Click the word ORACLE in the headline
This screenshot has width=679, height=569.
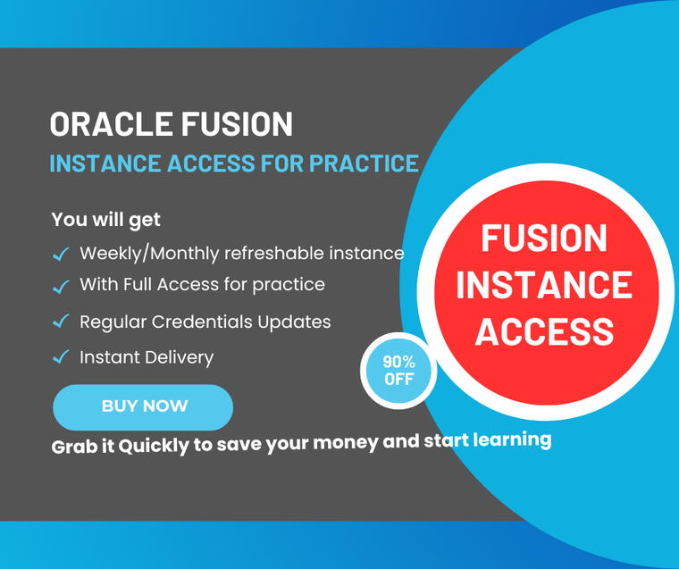click(x=111, y=124)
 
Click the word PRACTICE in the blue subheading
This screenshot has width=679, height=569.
click(x=364, y=163)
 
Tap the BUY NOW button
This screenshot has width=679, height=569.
click(x=143, y=407)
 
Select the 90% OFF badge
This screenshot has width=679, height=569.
click(x=398, y=371)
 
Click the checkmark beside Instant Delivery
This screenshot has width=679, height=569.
click(x=61, y=356)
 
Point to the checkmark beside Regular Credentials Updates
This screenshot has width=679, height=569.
click(x=61, y=322)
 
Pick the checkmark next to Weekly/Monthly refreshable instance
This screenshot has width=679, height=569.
click(x=61, y=254)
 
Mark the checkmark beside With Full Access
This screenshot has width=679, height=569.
click(x=61, y=286)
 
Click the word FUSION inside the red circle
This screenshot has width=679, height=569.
click(x=544, y=238)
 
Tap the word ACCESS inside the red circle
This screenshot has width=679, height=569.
click(x=545, y=331)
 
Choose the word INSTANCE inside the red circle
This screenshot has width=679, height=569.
click(x=544, y=284)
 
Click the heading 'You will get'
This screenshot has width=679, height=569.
click(x=105, y=220)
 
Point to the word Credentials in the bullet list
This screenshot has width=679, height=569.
click(x=202, y=322)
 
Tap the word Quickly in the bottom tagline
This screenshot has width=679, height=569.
click(x=154, y=446)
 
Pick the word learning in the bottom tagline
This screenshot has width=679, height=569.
click(x=512, y=439)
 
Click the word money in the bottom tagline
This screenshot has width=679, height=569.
click(x=346, y=443)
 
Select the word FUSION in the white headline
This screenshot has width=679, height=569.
click(x=237, y=124)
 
